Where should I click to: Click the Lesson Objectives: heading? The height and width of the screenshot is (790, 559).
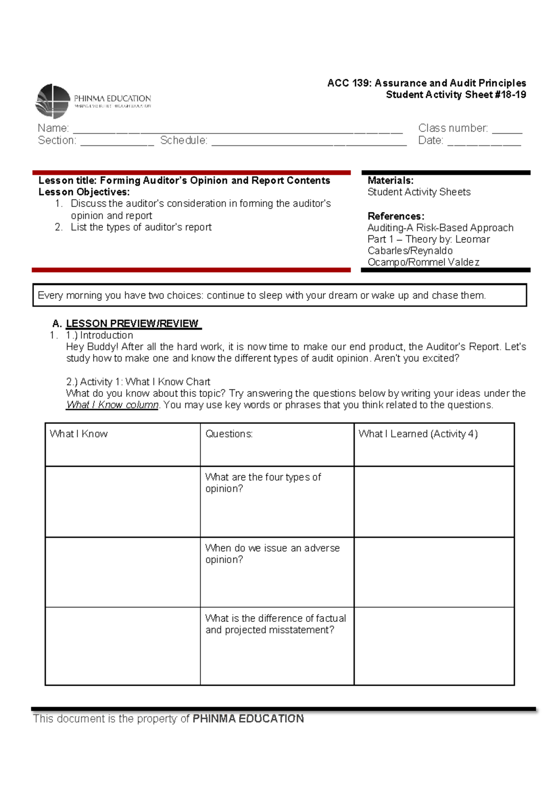[x=84, y=192]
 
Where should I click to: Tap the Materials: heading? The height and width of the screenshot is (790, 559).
[x=390, y=181]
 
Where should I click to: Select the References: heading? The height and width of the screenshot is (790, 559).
[x=395, y=217]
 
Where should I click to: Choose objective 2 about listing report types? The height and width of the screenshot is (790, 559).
[x=141, y=227]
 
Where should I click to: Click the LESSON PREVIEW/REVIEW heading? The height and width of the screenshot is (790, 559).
[x=132, y=324]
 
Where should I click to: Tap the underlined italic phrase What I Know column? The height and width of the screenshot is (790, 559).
[x=112, y=405]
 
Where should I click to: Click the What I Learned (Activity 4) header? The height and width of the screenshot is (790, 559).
[x=418, y=434]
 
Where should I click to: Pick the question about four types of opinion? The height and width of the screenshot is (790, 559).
[x=263, y=483]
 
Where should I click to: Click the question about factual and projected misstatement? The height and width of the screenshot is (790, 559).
[x=275, y=624]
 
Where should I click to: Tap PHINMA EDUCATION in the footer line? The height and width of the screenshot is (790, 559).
[x=248, y=719]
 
